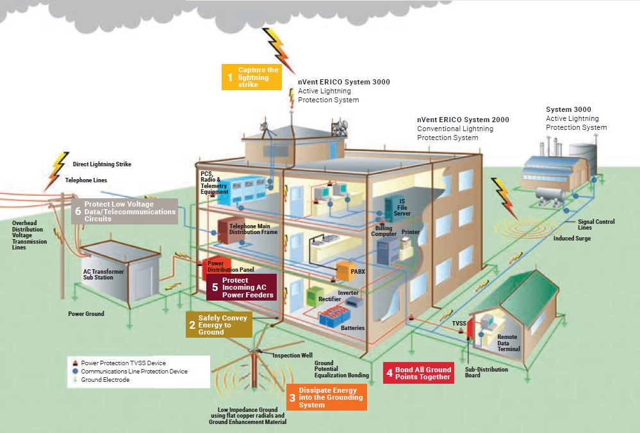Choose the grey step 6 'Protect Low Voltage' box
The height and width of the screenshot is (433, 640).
coord(124,211)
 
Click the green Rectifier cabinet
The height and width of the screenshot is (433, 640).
coord(314,296)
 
